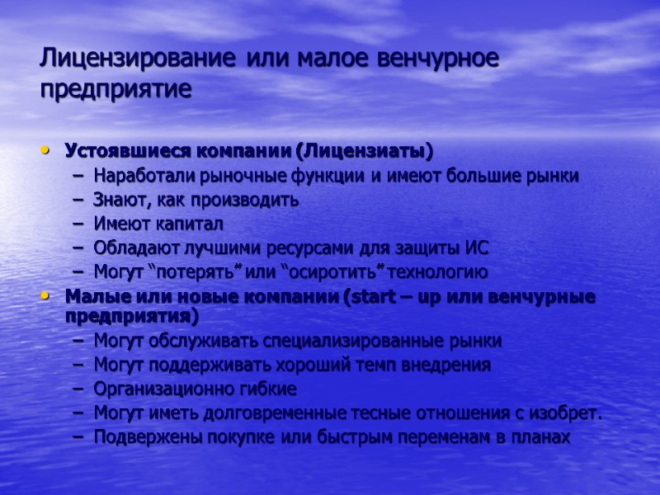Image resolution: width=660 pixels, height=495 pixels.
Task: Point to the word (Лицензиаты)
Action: (365, 152)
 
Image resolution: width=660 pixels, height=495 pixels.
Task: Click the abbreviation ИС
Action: (478, 247)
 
